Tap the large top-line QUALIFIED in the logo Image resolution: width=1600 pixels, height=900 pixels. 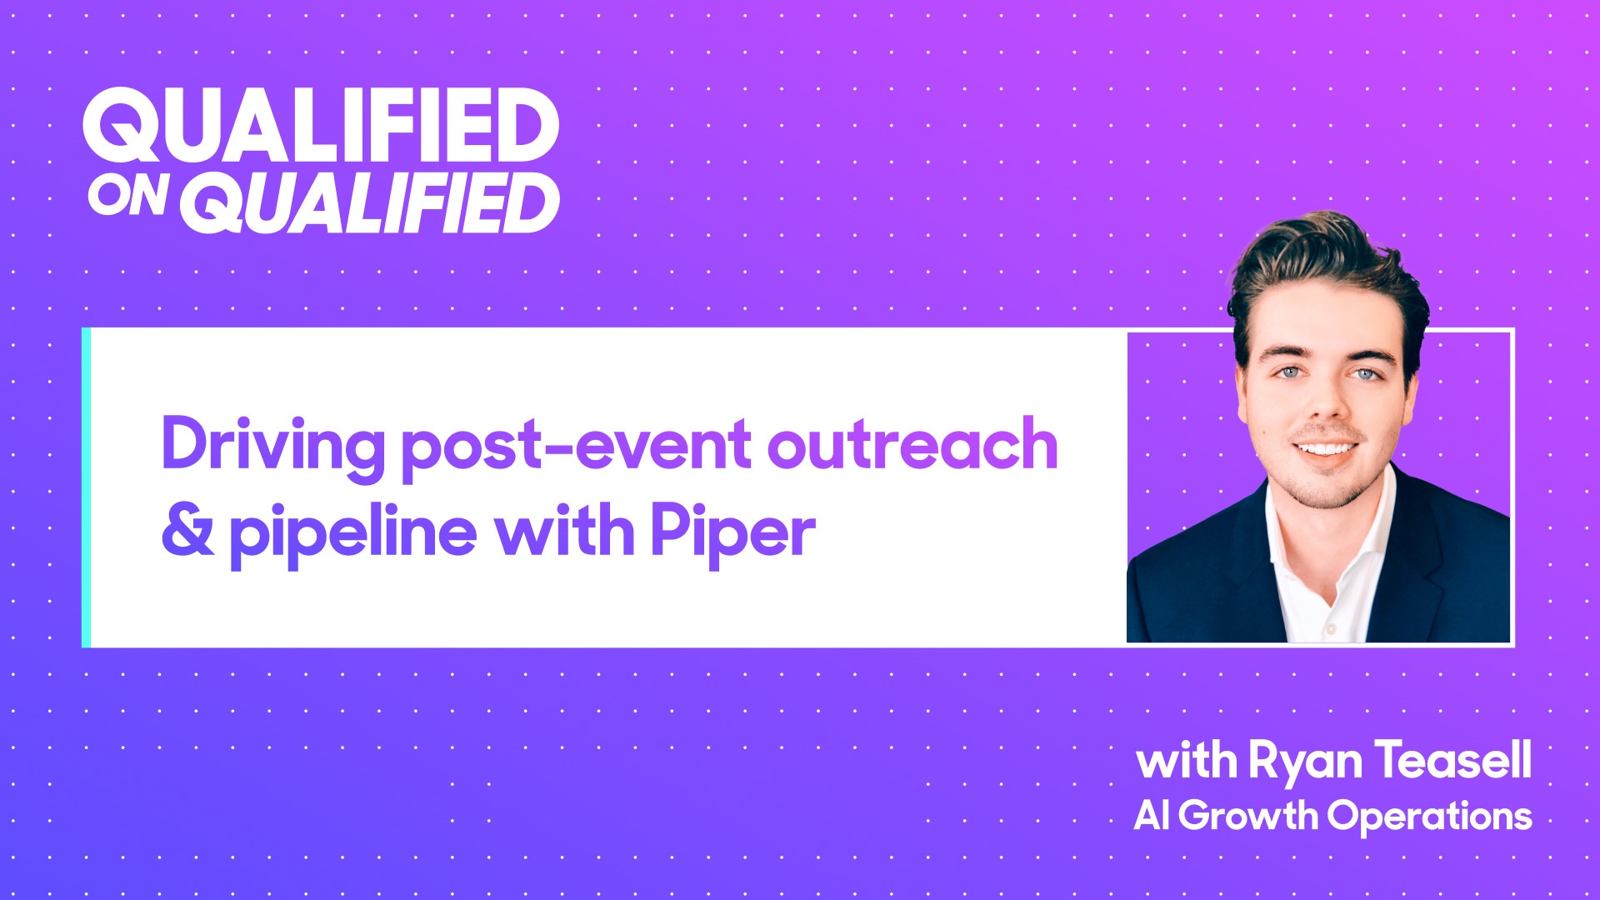[x=321, y=126]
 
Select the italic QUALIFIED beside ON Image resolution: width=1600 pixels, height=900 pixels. [x=371, y=203]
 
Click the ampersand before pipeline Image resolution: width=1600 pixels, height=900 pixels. [x=187, y=531]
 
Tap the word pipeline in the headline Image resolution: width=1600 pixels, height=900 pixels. [x=352, y=533]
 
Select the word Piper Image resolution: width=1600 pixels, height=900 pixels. [x=732, y=533]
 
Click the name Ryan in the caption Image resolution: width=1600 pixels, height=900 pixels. [x=1305, y=762]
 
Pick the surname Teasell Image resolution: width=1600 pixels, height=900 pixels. [x=1453, y=760]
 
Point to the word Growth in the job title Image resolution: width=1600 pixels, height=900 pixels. [x=1247, y=815]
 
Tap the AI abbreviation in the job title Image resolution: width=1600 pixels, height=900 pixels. [x=1151, y=815]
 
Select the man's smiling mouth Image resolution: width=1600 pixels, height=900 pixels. [x=1325, y=449]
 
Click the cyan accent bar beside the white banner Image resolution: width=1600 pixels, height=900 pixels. [x=86, y=487]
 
